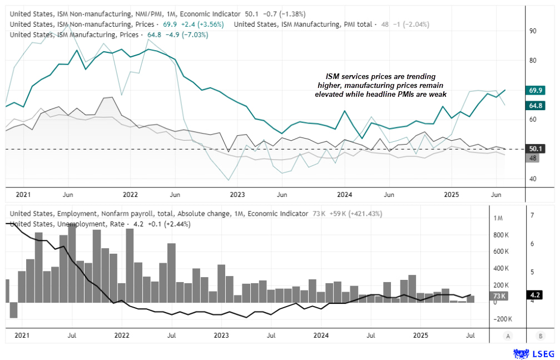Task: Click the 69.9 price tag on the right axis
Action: tap(537, 90)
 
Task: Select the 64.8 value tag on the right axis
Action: tap(537, 105)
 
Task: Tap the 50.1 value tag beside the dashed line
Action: tap(537, 149)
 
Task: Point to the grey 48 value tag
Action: tap(533, 158)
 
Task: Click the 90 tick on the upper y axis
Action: tap(533, 31)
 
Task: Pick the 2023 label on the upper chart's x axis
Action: tap(237, 195)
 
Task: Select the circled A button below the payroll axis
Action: tap(508, 336)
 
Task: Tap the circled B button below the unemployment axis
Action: tap(541, 336)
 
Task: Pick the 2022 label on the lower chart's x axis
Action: tap(121, 336)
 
